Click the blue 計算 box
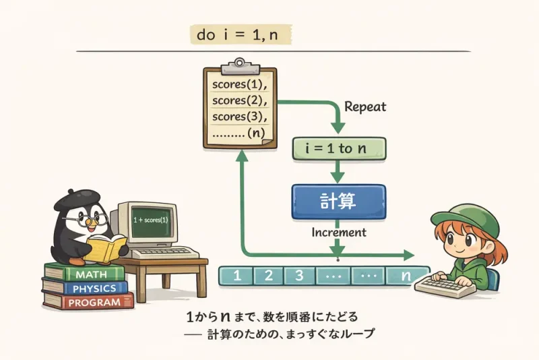[x=338, y=200]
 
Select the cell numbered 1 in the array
[x=236, y=275]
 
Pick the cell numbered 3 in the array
[x=300, y=275]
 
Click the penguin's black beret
[x=74, y=198]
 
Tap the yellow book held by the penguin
[x=105, y=248]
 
